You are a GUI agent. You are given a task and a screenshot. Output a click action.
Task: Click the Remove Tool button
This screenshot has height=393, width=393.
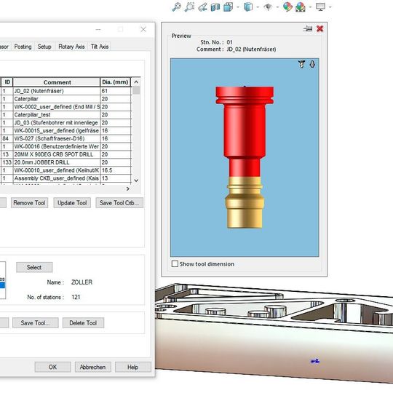(x=30, y=203)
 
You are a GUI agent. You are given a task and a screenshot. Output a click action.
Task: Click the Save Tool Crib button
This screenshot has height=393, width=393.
(x=119, y=203)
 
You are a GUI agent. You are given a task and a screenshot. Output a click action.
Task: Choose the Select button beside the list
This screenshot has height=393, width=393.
(x=34, y=267)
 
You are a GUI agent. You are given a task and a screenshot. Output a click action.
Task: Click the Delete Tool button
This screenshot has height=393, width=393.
(x=84, y=322)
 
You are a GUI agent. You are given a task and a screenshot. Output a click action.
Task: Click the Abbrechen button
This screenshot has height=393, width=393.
(x=92, y=367)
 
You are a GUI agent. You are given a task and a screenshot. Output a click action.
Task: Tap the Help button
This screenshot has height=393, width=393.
(x=132, y=367)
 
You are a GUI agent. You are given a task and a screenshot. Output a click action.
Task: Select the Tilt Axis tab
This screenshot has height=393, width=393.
(x=100, y=47)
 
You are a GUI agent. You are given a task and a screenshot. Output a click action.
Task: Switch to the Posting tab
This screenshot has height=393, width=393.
(x=23, y=47)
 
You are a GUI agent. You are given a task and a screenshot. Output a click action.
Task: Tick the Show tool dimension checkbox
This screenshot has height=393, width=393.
(x=175, y=263)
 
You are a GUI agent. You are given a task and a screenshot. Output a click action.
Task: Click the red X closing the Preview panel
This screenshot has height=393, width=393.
(x=319, y=28)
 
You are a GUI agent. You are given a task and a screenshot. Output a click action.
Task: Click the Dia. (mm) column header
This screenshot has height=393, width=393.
(x=115, y=82)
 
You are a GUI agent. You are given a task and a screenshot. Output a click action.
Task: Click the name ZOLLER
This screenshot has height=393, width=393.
(x=82, y=282)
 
